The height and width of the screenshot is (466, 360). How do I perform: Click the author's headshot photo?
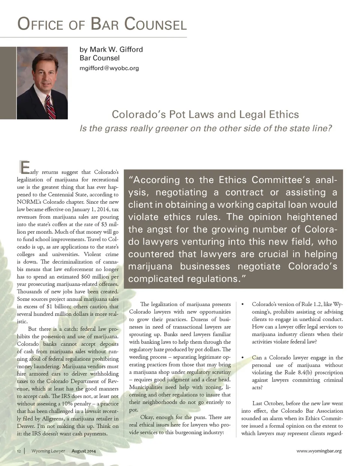42,83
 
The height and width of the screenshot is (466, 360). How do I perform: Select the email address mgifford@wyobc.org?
109,68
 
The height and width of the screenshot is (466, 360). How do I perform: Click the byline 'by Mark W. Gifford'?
111,50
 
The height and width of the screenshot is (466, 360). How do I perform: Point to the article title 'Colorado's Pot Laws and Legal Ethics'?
205,114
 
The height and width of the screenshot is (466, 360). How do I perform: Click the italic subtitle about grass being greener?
206,128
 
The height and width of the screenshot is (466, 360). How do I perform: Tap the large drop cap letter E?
24,167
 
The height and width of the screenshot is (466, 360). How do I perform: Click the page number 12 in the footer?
19,451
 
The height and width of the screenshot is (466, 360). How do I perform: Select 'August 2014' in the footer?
84,451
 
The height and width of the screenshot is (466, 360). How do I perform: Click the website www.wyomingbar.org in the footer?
319,451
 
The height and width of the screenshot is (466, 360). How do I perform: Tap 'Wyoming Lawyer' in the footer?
48,451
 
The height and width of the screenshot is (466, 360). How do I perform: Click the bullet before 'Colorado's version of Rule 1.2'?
243,304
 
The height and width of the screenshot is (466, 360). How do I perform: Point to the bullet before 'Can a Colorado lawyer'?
243,358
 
